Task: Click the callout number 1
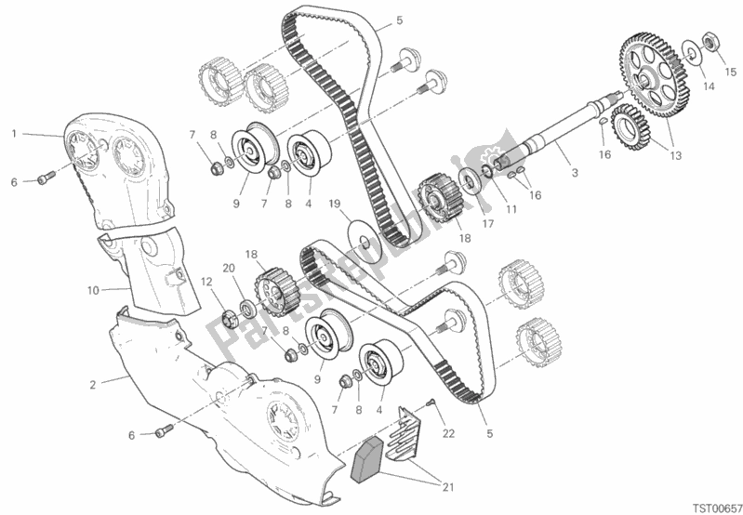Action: (14, 134)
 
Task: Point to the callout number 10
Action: (93, 290)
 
